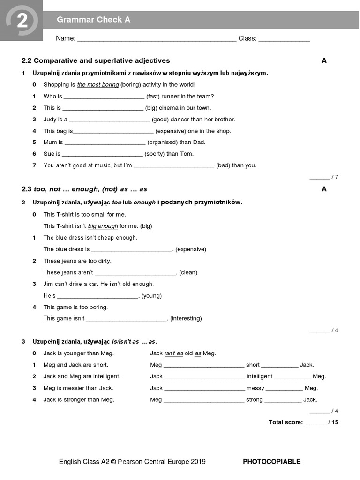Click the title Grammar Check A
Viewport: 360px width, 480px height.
click(x=93, y=20)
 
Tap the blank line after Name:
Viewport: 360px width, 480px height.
click(x=157, y=39)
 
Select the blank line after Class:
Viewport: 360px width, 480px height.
click(x=284, y=39)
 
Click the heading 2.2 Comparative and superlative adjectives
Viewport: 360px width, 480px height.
click(x=96, y=60)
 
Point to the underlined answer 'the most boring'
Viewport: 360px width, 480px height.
click(x=97, y=85)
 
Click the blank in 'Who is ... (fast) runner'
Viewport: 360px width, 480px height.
click(x=104, y=97)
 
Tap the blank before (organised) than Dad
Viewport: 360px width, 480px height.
click(x=105, y=142)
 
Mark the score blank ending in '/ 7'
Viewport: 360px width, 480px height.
click(x=320, y=177)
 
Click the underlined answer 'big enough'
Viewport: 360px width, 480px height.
click(x=103, y=226)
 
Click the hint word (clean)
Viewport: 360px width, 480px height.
click(x=187, y=272)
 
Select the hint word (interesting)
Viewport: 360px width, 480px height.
click(x=186, y=319)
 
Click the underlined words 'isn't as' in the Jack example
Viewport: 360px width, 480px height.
click(x=173, y=353)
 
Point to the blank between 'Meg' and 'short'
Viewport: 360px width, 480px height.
click(x=204, y=365)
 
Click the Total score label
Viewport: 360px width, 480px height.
click(x=285, y=422)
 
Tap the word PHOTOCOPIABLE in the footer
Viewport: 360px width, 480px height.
click(x=271, y=462)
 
